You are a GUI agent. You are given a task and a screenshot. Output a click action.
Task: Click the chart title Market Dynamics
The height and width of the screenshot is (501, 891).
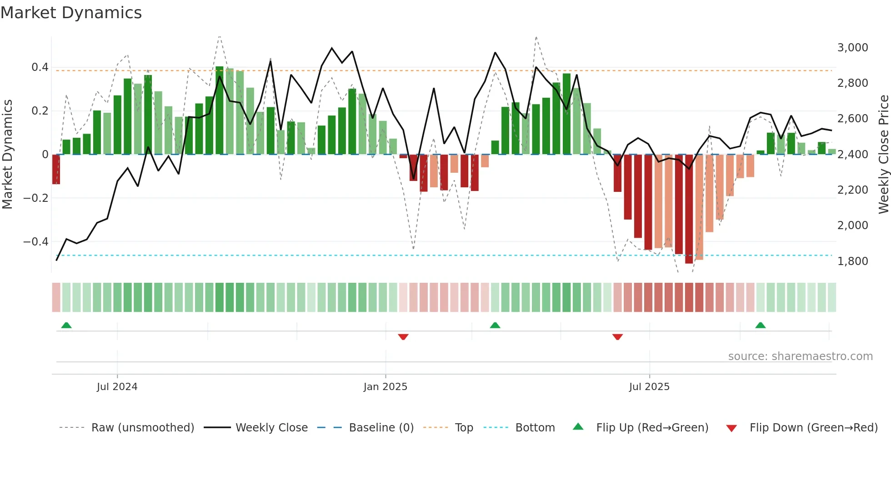(71, 13)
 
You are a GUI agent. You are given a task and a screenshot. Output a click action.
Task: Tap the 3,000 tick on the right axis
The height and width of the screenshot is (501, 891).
(852, 48)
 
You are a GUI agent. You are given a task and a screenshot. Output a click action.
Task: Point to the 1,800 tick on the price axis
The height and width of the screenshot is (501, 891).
(852, 261)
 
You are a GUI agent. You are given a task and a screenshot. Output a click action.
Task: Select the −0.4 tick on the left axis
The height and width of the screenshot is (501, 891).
(36, 242)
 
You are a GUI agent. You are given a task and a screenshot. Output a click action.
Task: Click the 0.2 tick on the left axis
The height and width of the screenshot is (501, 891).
(40, 111)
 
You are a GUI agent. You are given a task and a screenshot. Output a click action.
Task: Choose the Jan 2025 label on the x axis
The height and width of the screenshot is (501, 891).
(385, 387)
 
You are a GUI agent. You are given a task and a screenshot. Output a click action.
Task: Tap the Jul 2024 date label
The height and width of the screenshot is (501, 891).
(117, 387)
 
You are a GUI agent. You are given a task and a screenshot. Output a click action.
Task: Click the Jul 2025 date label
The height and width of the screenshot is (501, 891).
(649, 387)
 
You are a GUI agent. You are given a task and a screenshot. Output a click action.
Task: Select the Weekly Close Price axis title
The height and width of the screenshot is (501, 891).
(883, 154)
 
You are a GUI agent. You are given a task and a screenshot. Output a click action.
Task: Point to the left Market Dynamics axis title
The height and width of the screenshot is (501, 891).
(7, 154)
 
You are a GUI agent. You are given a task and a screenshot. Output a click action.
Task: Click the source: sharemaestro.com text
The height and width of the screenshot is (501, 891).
(800, 356)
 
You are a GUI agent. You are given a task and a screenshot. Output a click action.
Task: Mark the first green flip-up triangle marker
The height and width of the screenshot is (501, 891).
(66, 325)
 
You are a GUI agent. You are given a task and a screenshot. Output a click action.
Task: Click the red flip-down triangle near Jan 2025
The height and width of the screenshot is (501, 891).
(403, 337)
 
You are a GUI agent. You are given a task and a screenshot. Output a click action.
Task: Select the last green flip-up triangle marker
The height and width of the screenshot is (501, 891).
(761, 325)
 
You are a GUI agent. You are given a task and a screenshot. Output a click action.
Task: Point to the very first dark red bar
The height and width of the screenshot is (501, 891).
(56, 169)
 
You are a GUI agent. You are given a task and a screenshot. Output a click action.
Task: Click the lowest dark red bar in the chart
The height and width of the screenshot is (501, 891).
(689, 209)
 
